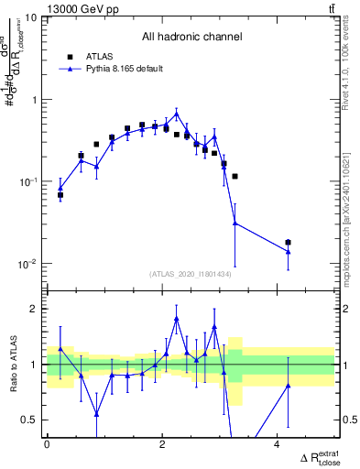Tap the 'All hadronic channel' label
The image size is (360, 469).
[191, 38]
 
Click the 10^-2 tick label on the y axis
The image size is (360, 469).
[27, 264]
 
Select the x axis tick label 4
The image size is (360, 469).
[278, 444]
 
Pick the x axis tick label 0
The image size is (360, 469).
[47, 444]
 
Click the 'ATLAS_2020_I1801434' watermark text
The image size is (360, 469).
[191, 274]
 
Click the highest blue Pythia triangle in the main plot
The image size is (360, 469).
[176, 114]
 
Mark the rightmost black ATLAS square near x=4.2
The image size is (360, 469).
[289, 243]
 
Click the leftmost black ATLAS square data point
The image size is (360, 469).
[60, 195]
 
